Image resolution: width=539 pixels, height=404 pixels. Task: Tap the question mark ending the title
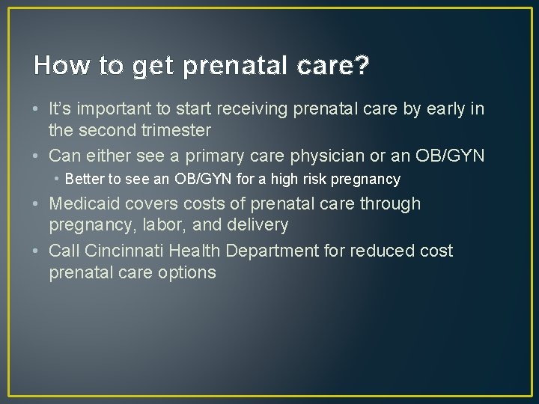pos(362,66)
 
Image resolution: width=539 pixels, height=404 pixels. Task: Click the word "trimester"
pos(174,130)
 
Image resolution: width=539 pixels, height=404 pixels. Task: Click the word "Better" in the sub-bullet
pos(84,180)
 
